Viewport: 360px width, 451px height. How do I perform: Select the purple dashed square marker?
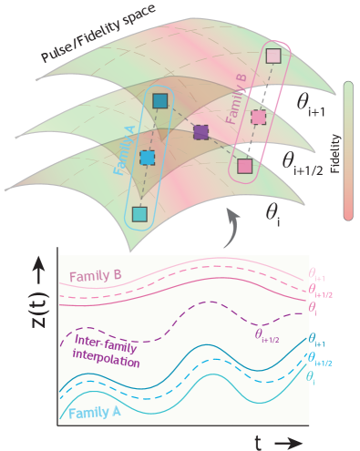pyautogui.click(x=201, y=133)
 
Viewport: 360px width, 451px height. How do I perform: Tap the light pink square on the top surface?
pyautogui.click(x=273, y=57)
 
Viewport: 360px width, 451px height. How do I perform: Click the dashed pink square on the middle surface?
pyautogui.click(x=259, y=118)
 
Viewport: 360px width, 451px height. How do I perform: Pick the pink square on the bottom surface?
pyautogui.click(x=244, y=166)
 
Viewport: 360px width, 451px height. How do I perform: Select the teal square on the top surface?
pyautogui.click(x=160, y=101)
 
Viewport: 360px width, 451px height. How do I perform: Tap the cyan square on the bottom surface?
pyautogui.click(x=139, y=214)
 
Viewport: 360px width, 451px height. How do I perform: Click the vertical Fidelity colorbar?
pyautogui.click(x=347, y=150)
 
